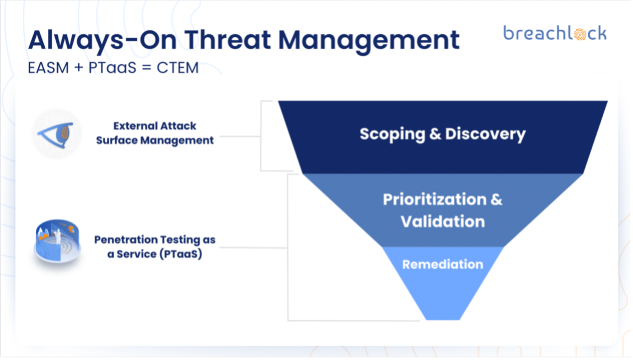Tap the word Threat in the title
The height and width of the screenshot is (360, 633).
228,40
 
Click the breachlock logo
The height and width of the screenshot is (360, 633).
555,33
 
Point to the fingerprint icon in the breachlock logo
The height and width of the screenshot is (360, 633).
580,34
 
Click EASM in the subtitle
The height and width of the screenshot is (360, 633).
49,68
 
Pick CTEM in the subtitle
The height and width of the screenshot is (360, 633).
178,68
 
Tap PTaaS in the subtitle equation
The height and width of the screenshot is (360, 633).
112,68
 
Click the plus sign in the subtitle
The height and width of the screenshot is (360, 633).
79,68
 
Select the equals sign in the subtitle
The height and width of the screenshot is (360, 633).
147,68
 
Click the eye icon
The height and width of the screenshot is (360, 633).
56,135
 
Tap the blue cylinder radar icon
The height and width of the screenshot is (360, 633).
57,242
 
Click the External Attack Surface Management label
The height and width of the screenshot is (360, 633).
154,133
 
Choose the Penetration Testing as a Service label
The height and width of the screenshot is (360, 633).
154,246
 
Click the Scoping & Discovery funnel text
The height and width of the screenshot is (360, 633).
442,134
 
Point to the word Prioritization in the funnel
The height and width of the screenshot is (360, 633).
435,200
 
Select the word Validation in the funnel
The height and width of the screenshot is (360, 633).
442,222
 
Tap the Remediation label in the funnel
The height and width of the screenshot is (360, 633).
442,265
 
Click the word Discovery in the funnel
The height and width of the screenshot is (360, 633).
485,134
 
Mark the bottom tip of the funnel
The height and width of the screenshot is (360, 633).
443,320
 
